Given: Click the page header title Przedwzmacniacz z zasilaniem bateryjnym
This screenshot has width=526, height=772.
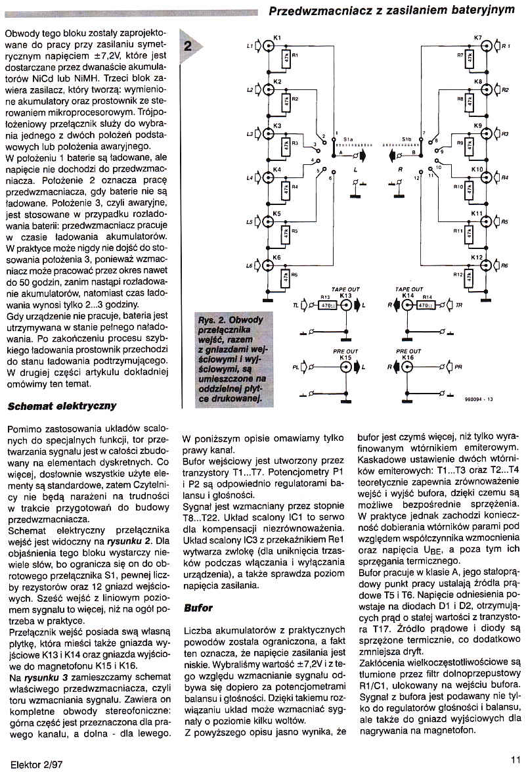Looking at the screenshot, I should [x=392, y=11].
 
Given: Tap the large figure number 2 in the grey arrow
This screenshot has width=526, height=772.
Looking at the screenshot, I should [x=188, y=46].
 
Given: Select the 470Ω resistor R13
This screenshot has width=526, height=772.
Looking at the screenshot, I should [x=326, y=305].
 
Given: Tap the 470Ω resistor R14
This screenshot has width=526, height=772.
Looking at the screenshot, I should [x=426, y=305].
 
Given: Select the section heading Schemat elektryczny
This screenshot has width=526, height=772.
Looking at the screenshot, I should [x=62, y=407].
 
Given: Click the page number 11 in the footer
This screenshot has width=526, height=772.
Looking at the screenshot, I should [x=515, y=758].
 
